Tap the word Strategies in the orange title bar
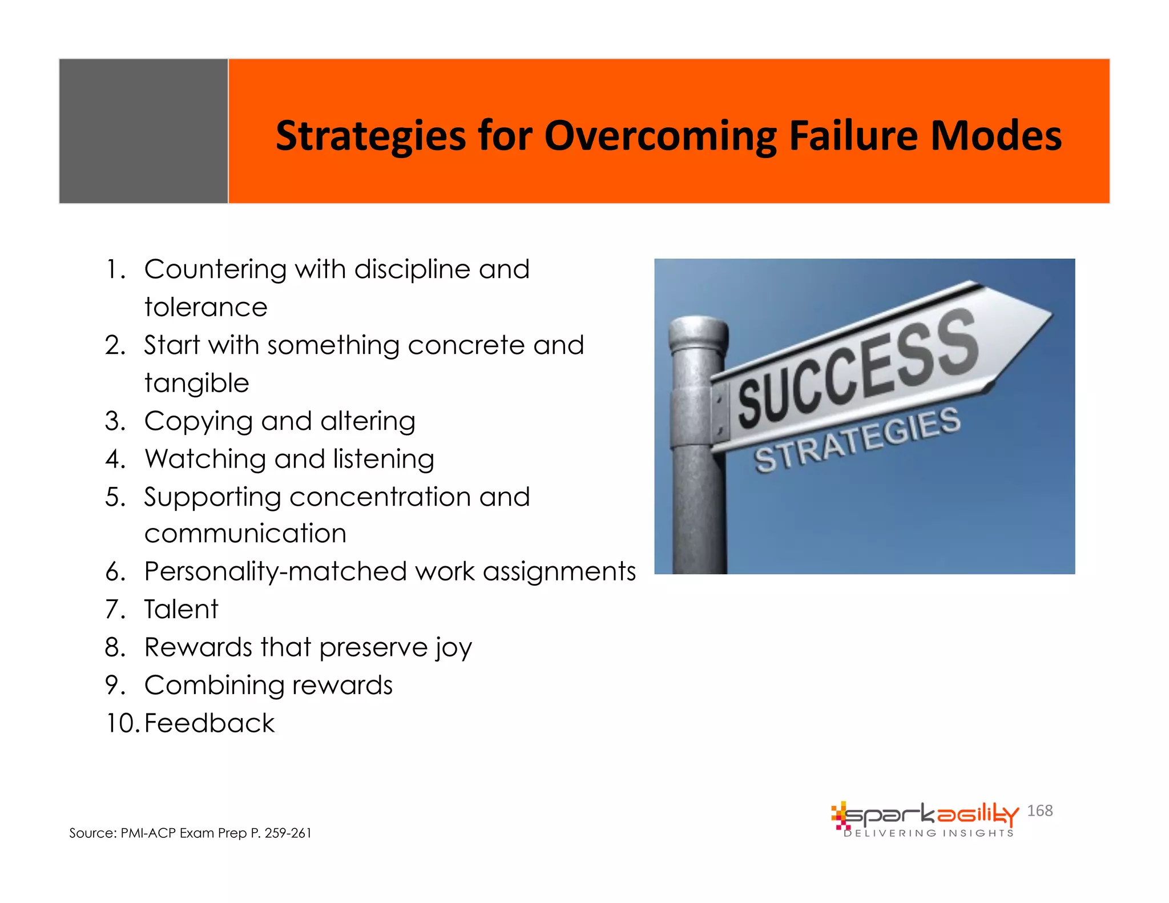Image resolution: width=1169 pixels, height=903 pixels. [370, 137]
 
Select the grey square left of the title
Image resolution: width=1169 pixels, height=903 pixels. [143, 131]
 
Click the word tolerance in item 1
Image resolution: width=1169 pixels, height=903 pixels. [205, 308]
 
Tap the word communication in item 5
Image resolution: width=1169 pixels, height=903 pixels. [245, 534]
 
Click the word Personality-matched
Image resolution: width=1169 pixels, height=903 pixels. [275, 572]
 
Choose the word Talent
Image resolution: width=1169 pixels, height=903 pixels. [181, 610]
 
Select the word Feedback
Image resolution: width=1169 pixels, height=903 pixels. [209, 724]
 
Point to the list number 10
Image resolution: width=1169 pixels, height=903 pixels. [121, 724]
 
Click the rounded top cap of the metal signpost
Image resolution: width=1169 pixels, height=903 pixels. [698, 332]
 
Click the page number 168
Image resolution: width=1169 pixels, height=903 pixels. [1039, 811]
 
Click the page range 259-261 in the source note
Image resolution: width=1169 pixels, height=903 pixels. [288, 833]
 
